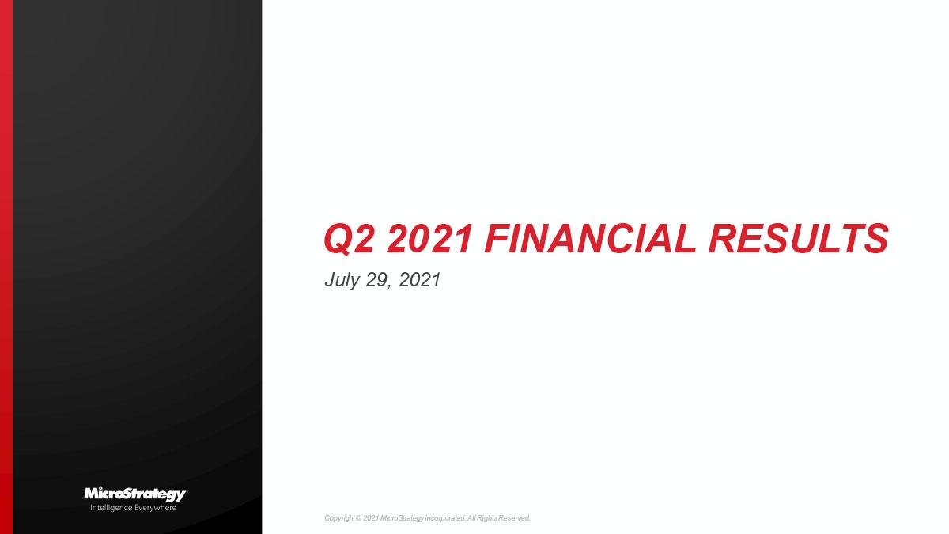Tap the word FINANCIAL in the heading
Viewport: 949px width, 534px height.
pos(587,240)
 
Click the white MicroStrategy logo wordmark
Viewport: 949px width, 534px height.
pos(135,494)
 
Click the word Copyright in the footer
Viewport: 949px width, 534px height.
pos(339,518)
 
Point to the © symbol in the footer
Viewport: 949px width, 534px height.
pos(358,518)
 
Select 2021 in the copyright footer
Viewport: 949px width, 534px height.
pos(371,518)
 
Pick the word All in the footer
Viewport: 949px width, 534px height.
pos(472,518)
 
